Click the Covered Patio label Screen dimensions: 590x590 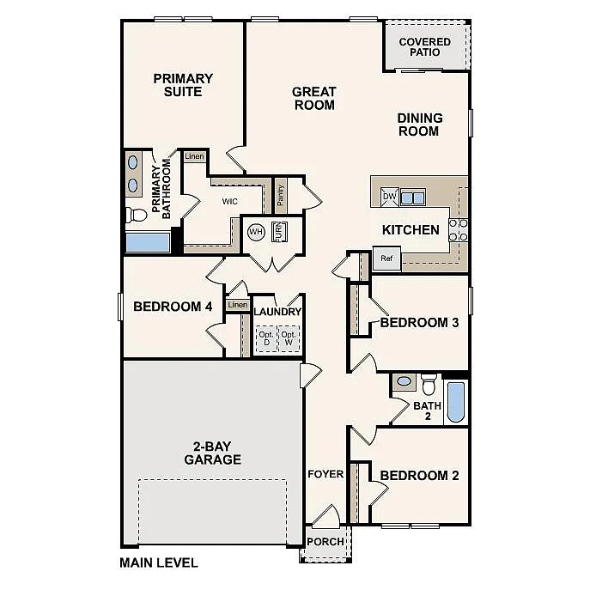point(425,46)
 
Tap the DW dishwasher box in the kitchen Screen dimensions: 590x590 point(389,197)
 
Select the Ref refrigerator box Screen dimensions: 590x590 point(386,258)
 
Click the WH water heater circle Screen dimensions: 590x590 point(256,232)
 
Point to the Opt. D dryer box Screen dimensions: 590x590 point(266,339)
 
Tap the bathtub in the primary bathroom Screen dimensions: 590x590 point(148,241)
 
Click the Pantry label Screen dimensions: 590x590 point(281,195)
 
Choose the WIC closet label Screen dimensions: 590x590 point(230,202)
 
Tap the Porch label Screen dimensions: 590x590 point(325,542)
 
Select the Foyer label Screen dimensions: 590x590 point(325,474)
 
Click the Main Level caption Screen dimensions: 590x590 point(159,563)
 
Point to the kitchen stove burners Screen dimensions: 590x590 point(459,229)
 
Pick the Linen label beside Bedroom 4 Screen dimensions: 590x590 point(238,305)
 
